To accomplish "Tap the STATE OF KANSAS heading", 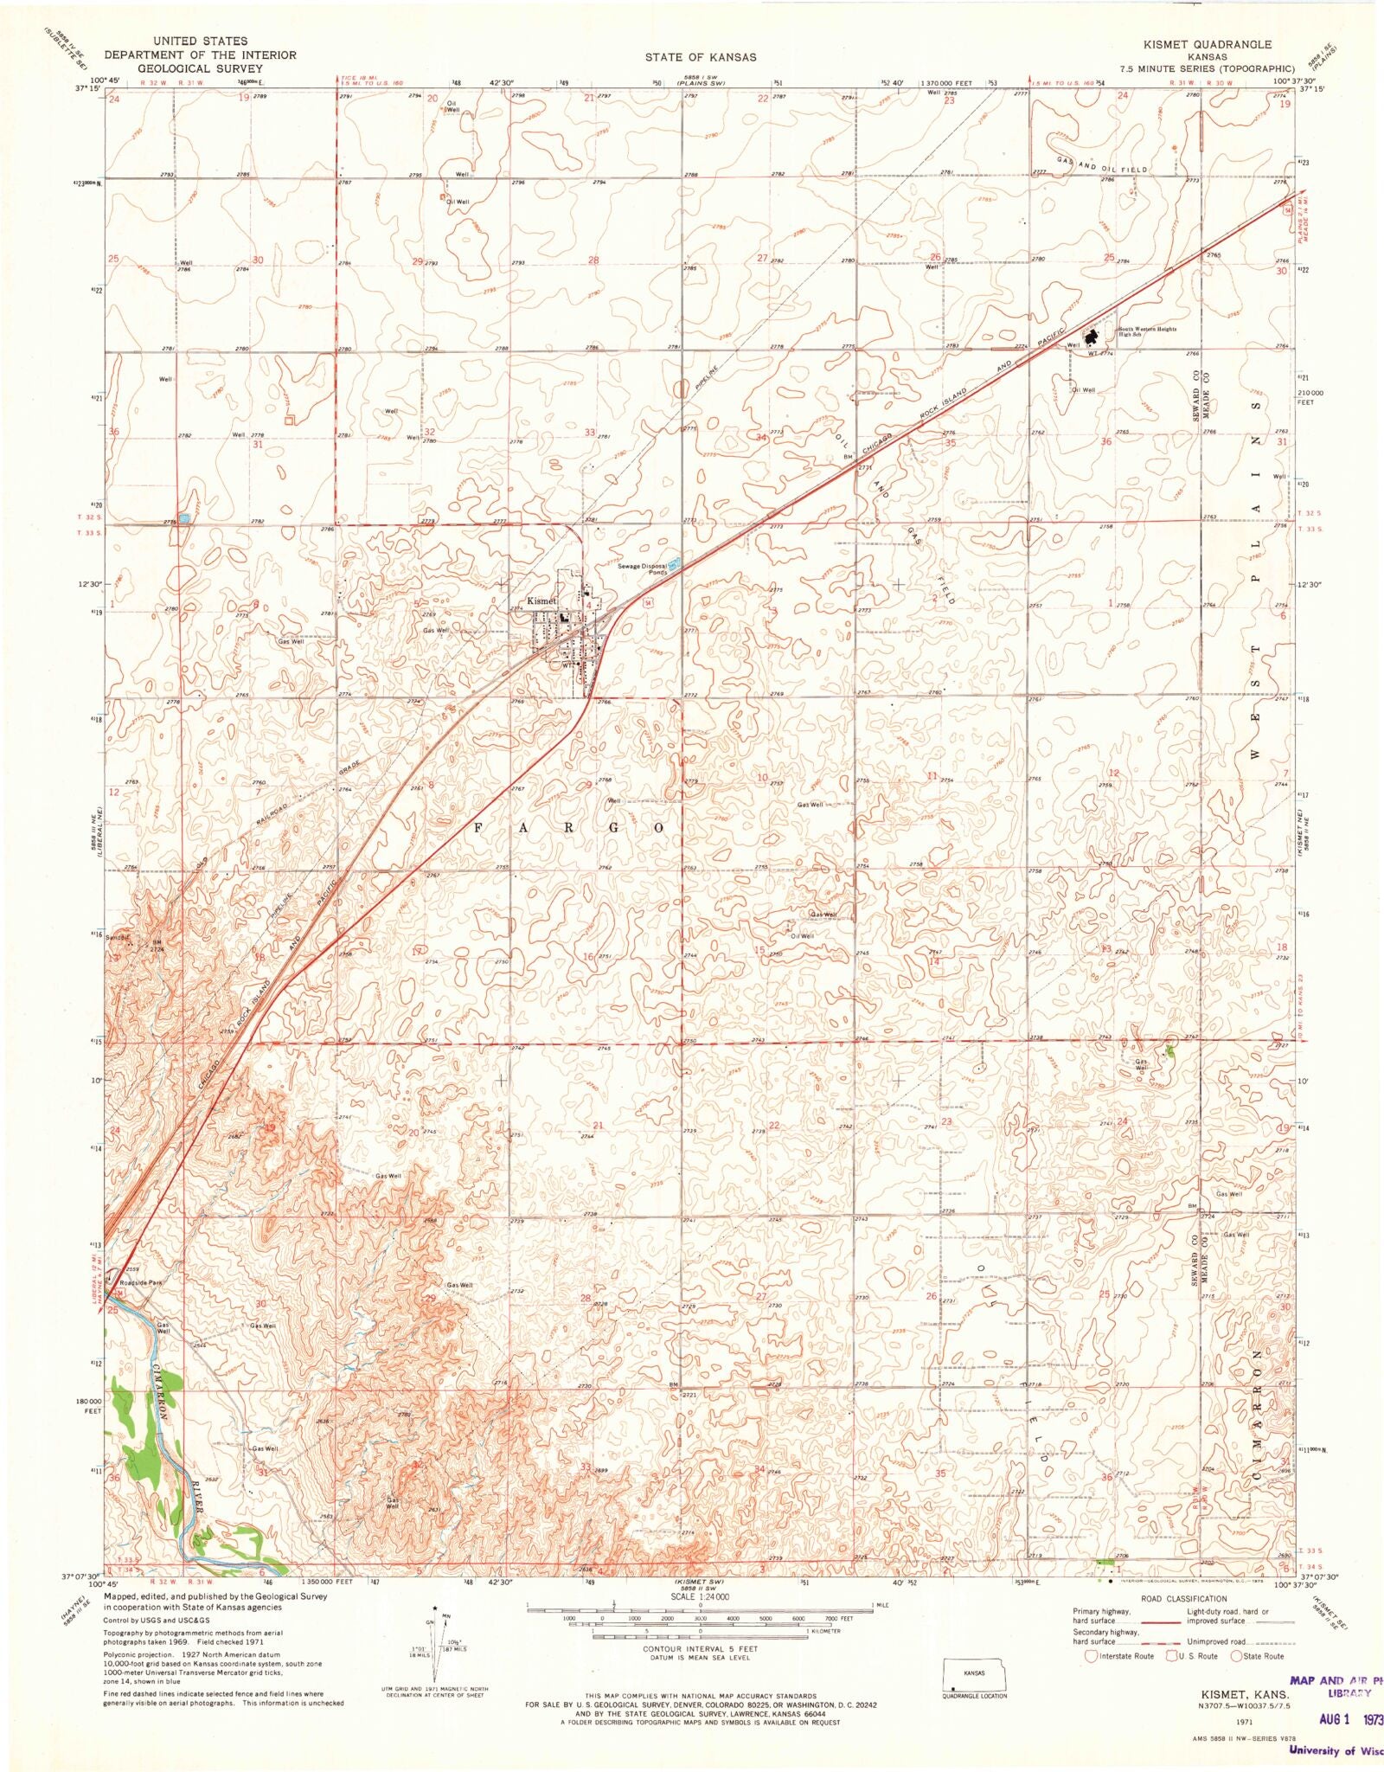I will coord(700,57).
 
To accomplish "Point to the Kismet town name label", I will coord(542,600).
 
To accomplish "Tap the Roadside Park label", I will coord(141,1282).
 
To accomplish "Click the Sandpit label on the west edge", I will coord(118,936).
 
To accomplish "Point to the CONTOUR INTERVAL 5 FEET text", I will coord(700,1649).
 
